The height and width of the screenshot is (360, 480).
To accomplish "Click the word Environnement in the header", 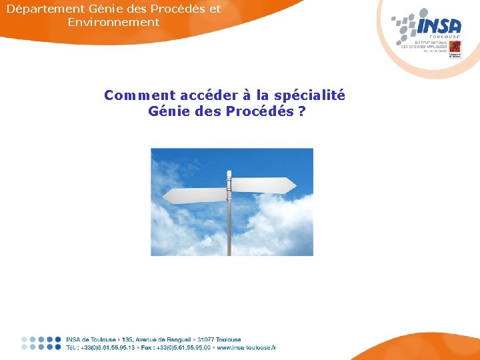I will coord(113,22).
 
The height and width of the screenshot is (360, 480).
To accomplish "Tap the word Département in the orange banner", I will coord(46,9).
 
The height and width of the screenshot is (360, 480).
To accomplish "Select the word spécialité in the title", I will coord(313,95).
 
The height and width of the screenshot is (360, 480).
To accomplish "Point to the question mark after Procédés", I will coord(303,111).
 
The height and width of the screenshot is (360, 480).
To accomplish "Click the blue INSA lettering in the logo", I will coord(439,26).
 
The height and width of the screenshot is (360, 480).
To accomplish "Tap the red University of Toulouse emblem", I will coord(455,47).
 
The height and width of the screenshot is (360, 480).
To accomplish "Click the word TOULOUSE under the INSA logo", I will coord(449,37).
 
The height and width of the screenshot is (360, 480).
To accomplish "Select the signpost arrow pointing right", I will coord(263,183).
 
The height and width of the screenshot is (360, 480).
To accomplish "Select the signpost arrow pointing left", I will coord(195,196).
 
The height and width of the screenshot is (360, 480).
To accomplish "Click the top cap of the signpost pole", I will coord(229,171).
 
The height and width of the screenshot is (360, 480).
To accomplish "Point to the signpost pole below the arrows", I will coord(229,230).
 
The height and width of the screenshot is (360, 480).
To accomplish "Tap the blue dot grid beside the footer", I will coord(41,343).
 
